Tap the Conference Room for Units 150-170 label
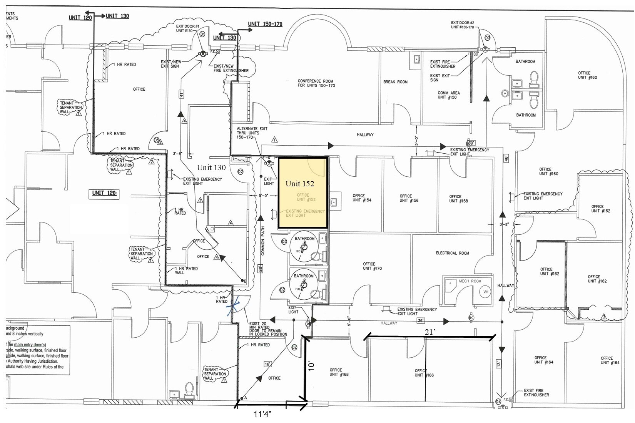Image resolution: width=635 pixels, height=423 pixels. [x=316, y=83]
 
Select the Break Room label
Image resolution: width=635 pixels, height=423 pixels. [x=395, y=82]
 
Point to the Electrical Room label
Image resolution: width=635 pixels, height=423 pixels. [x=452, y=253]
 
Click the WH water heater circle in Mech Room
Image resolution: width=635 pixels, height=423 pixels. [x=486, y=292]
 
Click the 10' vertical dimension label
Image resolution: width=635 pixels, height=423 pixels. [x=312, y=365]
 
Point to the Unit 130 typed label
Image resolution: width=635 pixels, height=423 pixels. [x=211, y=168]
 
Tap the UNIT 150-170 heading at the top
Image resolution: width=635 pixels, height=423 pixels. [x=265, y=24]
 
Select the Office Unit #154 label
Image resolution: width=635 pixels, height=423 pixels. [x=362, y=198]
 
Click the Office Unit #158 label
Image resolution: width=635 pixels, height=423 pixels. [x=458, y=199]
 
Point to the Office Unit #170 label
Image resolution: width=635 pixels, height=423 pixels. [x=372, y=266]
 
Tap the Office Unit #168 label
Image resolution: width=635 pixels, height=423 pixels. [x=339, y=372]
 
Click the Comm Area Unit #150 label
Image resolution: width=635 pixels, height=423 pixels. [x=448, y=95]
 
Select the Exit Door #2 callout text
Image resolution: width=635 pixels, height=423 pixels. [x=463, y=25]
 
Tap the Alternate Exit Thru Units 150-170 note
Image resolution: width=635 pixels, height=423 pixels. [x=252, y=133]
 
